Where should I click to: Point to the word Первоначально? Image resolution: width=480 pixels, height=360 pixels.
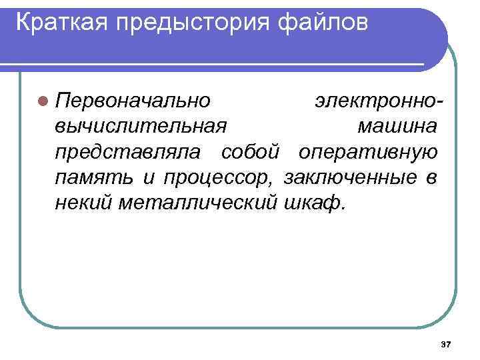(133, 101)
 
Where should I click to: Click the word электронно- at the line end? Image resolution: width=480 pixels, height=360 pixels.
(377, 101)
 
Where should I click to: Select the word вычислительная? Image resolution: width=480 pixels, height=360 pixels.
(141, 126)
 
